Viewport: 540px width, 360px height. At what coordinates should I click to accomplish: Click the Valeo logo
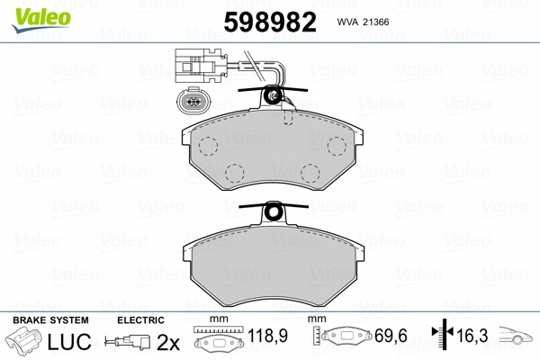pyautogui.click(x=41, y=20)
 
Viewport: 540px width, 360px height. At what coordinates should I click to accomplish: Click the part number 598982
pyautogui.click(x=270, y=22)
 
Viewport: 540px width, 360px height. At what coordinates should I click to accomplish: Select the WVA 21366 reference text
pyautogui.click(x=363, y=22)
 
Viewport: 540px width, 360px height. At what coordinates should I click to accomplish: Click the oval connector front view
pyautogui.click(x=193, y=102)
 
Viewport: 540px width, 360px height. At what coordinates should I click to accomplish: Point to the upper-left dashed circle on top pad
pyautogui.click(x=209, y=146)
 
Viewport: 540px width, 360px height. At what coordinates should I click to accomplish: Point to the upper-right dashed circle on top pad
pyautogui.click(x=337, y=146)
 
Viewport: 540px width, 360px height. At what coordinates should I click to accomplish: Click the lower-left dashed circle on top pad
pyautogui.click(x=235, y=173)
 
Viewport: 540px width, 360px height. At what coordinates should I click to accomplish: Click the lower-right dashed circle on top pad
pyautogui.click(x=310, y=173)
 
